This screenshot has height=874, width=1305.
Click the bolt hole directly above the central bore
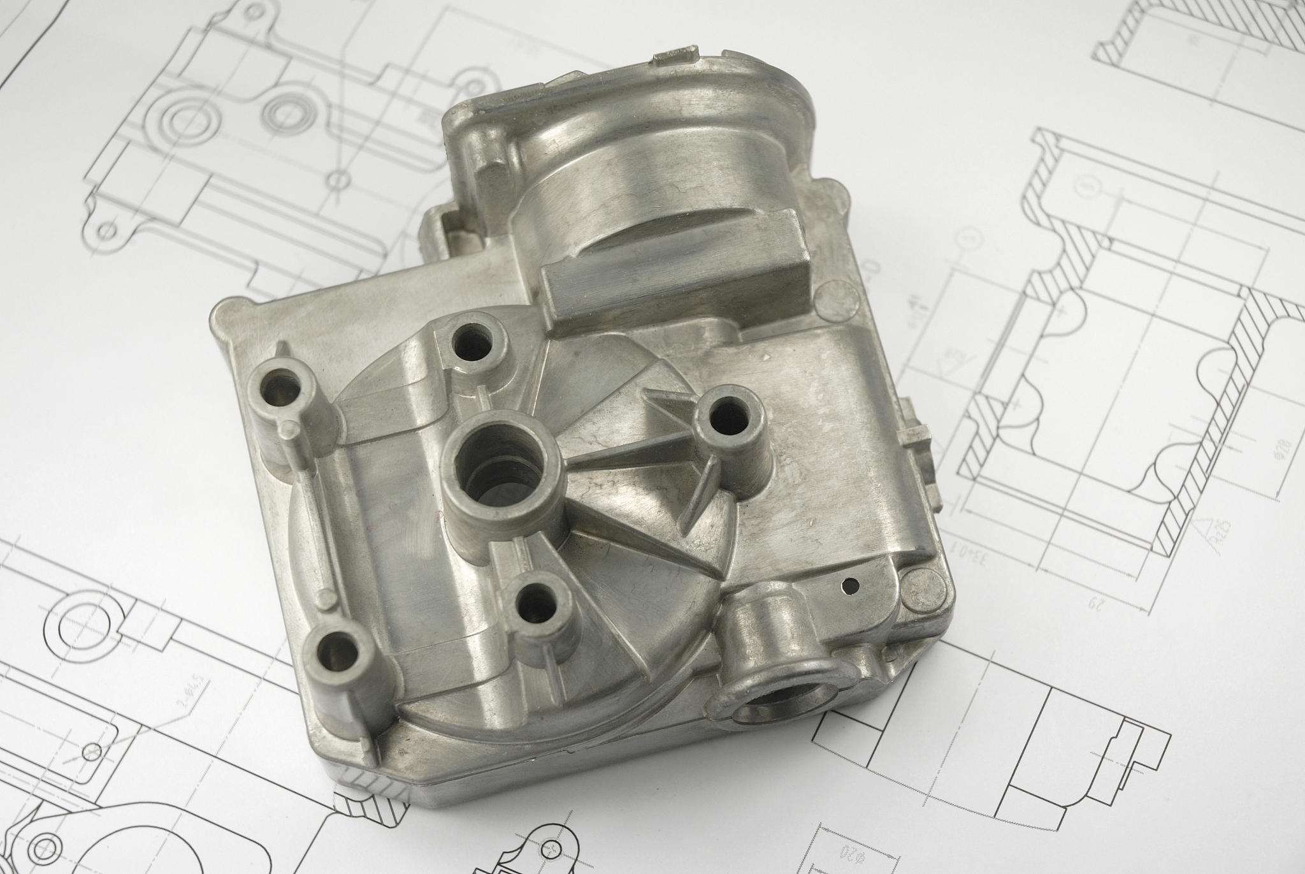point(473,342)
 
